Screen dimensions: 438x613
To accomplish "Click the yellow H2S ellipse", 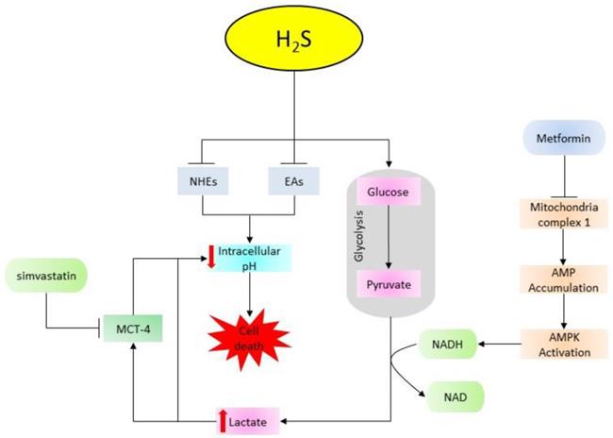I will (x=295, y=42).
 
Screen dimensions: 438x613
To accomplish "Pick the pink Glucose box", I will (x=389, y=193).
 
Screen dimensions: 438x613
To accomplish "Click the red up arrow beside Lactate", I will (x=224, y=416).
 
